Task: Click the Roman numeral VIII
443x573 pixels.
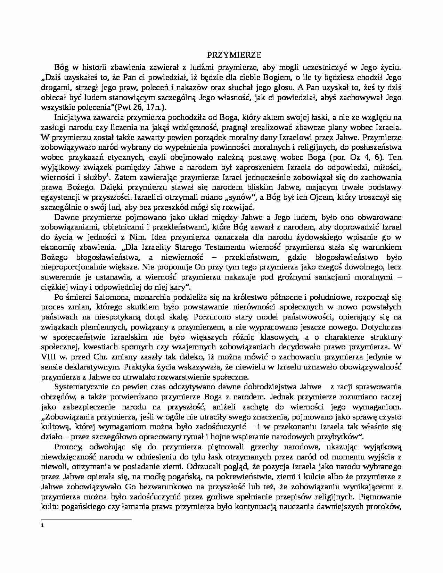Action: coord(48,357)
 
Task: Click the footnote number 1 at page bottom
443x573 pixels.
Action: coord(42,525)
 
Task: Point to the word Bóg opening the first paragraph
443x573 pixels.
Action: coord(60,67)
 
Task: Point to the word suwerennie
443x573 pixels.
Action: coord(60,277)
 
